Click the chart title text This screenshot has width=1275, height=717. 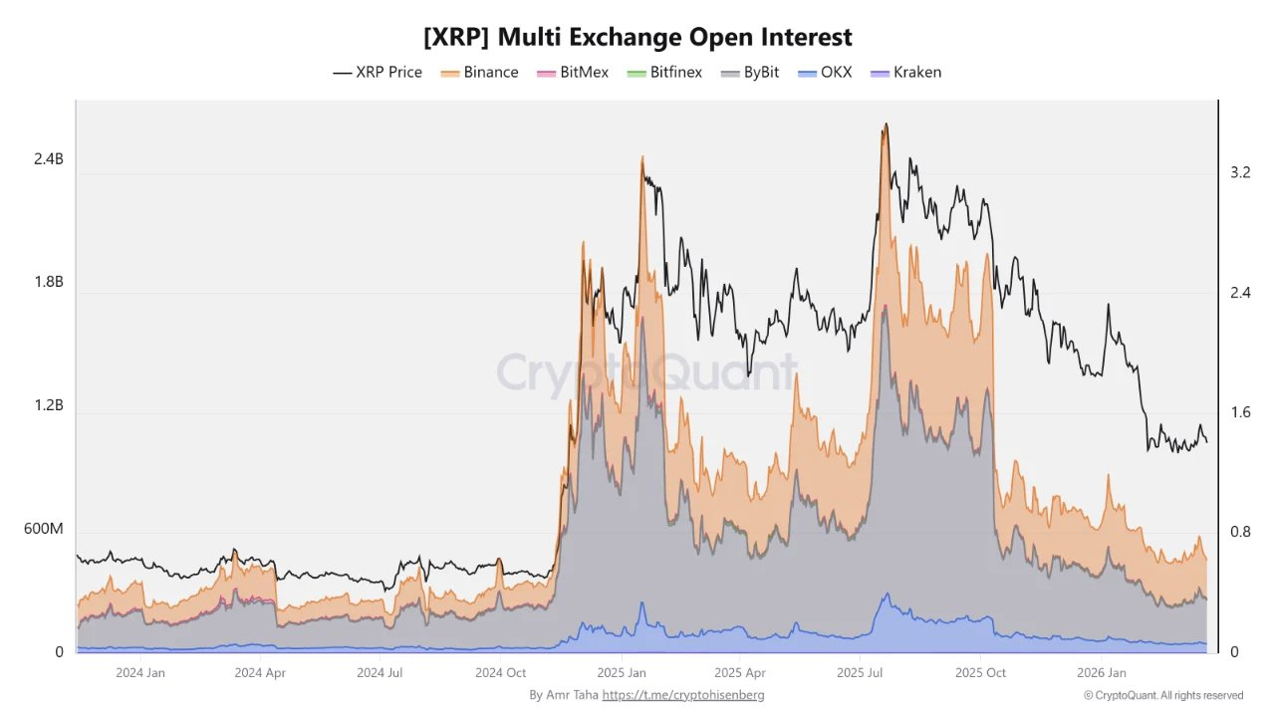(x=637, y=38)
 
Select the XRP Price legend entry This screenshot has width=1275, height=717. (x=378, y=73)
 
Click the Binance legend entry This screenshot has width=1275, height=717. (x=479, y=73)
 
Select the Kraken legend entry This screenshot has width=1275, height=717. (x=905, y=73)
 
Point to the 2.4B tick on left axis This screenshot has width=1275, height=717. (x=49, y=159)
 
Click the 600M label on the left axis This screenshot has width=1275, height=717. (x=44, y=529)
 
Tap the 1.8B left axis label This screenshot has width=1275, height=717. (x=49, y=282)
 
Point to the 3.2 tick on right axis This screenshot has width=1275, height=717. (x=1240, y=172)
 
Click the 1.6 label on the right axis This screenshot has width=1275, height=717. (x=1240, y=412)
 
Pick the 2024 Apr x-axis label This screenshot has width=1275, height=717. (x=260, y=673)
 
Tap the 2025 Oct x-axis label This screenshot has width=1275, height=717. (x=980, y=673)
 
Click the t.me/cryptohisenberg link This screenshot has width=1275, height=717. (x=683, y=695)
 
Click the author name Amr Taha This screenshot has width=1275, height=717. (x=573, y=695)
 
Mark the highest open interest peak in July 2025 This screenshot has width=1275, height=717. (x=885, y=124)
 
